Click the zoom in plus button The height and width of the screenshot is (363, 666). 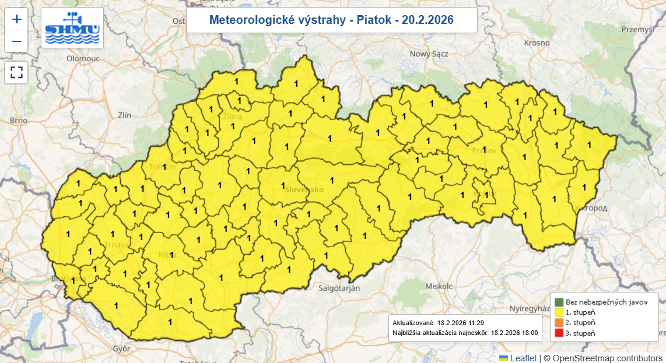[16, 19]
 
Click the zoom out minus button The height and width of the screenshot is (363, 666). [16, 41]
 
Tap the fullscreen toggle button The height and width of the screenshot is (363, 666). [16, 72]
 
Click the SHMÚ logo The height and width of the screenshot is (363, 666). [72, 28]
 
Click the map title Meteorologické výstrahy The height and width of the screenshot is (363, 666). [331, 20]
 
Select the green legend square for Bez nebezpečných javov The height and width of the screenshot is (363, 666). [559, 302]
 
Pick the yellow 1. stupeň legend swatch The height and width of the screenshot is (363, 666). [559, 312]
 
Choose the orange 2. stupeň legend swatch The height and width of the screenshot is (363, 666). [559, 323]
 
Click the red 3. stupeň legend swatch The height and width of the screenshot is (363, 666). [559, 333]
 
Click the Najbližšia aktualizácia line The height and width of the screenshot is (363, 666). [465, 334]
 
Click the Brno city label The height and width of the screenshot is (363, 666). [19, 121]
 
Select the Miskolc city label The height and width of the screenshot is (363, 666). [439, 287]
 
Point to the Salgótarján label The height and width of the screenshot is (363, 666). [339, 288]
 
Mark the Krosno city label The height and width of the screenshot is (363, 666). [537, 43]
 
